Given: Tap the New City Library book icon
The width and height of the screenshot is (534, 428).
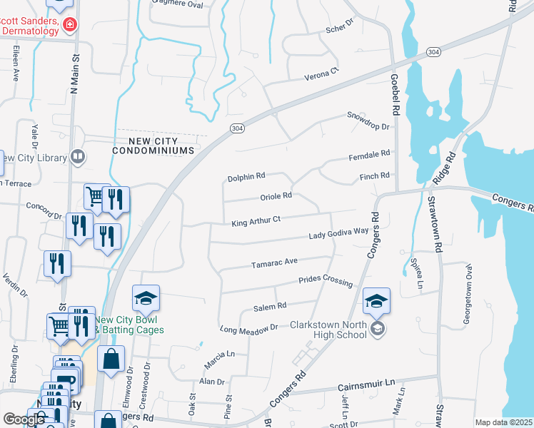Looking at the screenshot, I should tap(78, 156).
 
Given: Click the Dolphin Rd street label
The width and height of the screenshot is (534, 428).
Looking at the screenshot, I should tap(246, 175).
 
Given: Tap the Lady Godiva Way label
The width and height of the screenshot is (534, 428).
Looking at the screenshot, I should tap(338, 233).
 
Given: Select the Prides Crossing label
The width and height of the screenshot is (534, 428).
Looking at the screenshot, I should tap(326, 280).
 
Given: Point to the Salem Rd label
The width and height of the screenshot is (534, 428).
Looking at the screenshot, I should tap(270, 306).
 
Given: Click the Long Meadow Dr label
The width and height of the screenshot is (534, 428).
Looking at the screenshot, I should tap(248, 328).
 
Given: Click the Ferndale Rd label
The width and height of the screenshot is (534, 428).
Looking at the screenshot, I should tap(369, 154).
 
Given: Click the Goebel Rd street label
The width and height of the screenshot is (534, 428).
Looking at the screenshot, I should tap(394, 93).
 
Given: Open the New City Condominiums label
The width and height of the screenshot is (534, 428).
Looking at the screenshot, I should tap(153, 146).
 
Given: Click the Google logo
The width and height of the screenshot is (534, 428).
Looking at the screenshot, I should tap(24, 419).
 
